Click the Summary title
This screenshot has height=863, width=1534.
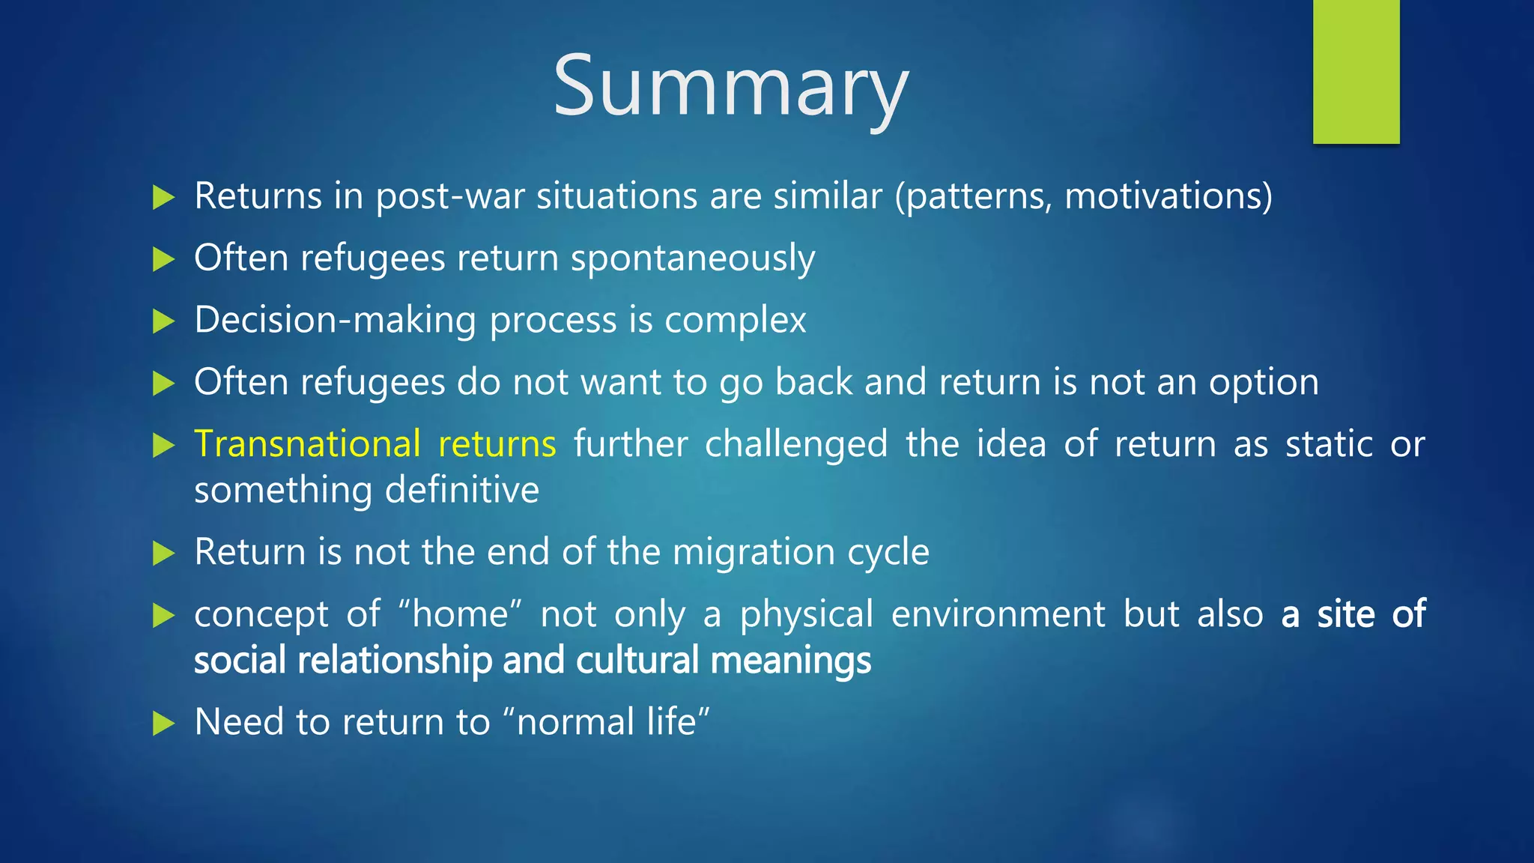click(x=731, y=86)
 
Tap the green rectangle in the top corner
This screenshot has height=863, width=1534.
click(x=1356, y=71)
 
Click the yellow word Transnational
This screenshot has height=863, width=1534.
click(x=307, y=443)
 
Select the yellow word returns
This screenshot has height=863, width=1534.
click(x=497, y=443)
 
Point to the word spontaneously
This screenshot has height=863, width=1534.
click(x=693, y=258)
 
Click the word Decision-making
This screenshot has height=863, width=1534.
click(x=336, y=321)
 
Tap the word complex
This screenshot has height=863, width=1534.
click(x=735, y=321)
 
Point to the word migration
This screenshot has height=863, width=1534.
click(x=754, y=552)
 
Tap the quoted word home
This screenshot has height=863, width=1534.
click(x=460, y=614)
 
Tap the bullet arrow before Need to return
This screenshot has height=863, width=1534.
click(x=163, y=724)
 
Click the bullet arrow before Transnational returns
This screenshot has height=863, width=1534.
click(x=163, y=445)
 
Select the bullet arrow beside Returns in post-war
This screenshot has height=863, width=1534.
click(x=163, y=198)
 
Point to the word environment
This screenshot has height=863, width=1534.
click(x=998, y=614)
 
